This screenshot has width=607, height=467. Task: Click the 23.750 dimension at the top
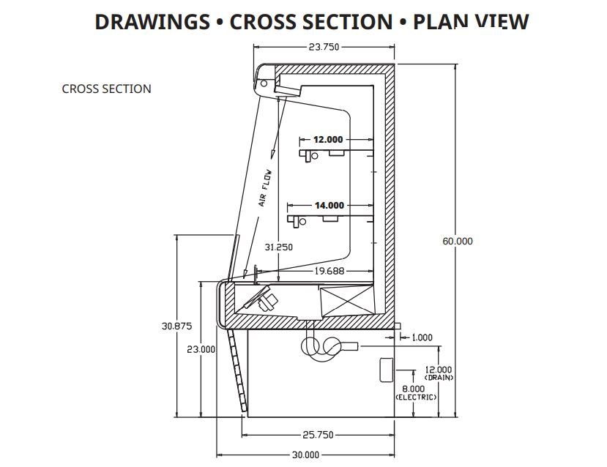click(x=324, y=46)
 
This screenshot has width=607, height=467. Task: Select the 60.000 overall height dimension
click(x=458, y=241)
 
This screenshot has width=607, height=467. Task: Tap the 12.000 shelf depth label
click(x=328, y=139)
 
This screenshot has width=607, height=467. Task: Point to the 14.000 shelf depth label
click(x=329, y=206)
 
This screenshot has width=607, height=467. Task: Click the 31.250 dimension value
click(x=279, y=247)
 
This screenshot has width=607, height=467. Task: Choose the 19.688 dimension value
click(x=329, y=271)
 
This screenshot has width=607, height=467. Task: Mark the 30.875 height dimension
click(x=176, y=326)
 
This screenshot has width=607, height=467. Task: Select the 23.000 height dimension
click(x=201, y=349)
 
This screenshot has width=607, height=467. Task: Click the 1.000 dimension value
click(x=422, y=337)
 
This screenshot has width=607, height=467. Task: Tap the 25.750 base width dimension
click(x=319, y=435)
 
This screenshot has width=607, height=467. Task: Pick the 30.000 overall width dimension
click(x=305, y=455)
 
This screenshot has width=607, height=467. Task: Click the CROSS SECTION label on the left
click(x=106, y=89)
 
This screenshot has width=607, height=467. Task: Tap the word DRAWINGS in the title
click(x=152, y=22)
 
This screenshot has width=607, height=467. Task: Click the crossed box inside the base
click(x=346, y=299)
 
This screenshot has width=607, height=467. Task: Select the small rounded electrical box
click(x=386, y=370)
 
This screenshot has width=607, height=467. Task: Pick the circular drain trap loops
click(x=321, y=348)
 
